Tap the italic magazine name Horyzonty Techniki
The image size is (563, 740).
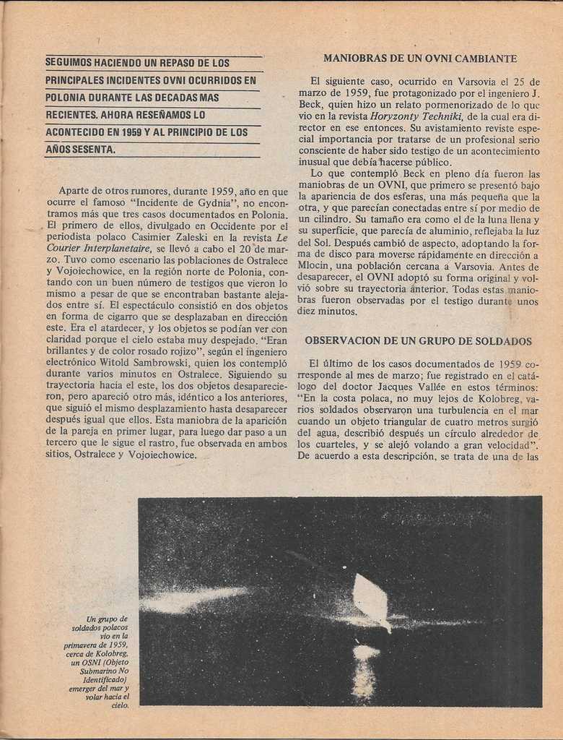pyautogui.click(x=416, y=116)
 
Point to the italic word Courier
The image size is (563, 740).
pyautogui.click(x=66, y=249)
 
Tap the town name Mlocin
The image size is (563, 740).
pyautogui.click(x=317, y=264)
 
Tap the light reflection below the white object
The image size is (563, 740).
pyautogui.click(x=365, y=668)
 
